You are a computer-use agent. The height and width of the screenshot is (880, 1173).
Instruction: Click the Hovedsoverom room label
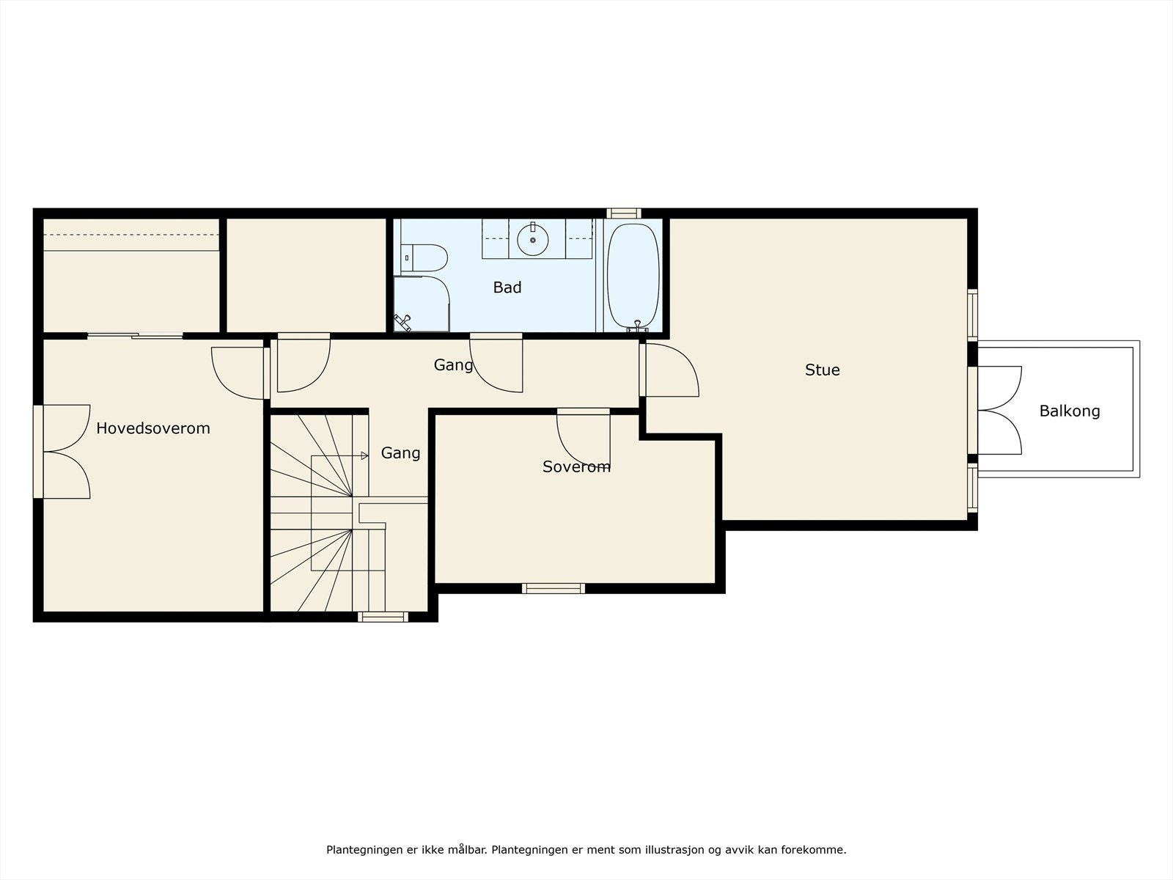tap(152, 428)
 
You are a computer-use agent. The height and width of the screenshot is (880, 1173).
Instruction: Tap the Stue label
tap(823, 370)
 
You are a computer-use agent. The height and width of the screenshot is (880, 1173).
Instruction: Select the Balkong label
tap(1070, 411)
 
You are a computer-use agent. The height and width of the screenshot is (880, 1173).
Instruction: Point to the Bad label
tap(507, 287)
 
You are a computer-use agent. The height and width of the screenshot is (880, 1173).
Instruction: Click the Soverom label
tap(576, 467)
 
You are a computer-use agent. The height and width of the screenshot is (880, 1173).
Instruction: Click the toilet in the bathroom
tap(424, 258)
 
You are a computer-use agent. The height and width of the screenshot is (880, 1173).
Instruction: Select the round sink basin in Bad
tap(533, 240)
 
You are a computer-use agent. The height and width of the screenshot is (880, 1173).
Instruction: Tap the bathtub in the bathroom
tap(633, 276)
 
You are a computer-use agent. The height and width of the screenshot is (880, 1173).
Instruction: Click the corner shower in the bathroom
tap(422, 304)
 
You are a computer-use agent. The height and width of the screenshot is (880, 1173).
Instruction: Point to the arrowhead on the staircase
tap(364, 455)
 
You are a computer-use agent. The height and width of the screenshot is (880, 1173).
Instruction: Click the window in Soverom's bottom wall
tap(554, 588)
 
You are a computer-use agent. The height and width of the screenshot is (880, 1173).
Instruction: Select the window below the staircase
tap(383, 617)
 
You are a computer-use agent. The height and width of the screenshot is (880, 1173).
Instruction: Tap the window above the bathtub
tap(624, 213)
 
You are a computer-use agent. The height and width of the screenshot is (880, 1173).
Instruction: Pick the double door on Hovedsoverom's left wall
tap(62, 452)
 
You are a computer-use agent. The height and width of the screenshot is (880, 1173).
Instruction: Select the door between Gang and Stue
tap(669, 370)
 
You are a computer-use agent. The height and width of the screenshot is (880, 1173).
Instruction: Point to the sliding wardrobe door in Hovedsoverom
tap(135, 336)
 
